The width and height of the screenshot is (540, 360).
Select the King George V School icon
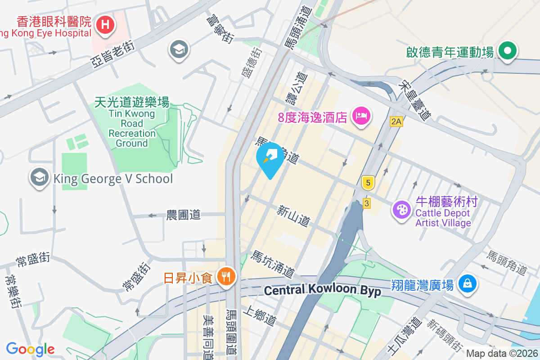pos(40,178)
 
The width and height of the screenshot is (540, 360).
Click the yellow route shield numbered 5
pos(368,183)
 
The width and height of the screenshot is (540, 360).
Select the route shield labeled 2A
pos(396,121)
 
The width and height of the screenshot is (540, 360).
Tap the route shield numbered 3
pos(367,203)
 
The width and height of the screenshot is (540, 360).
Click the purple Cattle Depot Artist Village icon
pos(401,210)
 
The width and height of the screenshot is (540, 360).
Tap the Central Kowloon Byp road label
pos(322,290)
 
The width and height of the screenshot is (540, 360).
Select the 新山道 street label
pos(293,216)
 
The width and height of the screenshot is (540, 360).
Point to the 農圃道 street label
pos(183,215)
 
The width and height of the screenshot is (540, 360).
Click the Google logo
pos(31,349)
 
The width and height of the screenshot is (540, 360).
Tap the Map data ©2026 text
pos(501,353)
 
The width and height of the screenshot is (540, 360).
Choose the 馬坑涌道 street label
pos(273,264)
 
